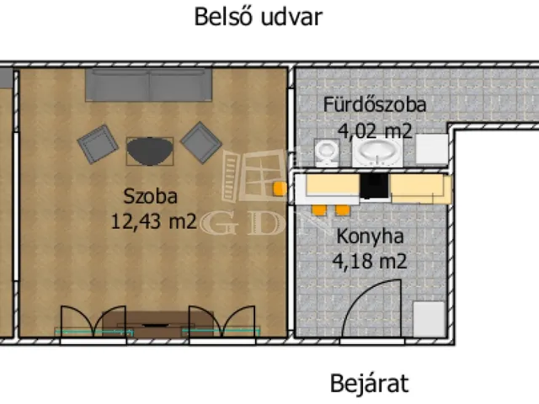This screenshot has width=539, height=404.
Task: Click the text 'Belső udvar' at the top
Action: tap(258, 17)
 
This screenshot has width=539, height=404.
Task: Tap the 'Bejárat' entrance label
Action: tap(368, 385)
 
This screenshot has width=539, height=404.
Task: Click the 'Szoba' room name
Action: tap(150, 198)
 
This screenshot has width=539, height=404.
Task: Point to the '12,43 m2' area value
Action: tap(153, 221)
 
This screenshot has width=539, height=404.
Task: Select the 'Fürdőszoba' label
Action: tap(375, 105)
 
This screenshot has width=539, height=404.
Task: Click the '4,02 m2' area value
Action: tap(375, 130)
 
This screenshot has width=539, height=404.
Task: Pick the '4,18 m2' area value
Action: tap(371, 261)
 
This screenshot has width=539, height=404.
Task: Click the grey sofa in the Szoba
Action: tap(149, 85)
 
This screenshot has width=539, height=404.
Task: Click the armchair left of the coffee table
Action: tap(98, 145)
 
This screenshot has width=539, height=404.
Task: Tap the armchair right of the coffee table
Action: tap(201, 142)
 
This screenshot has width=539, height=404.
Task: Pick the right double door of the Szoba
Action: tap(221, 323)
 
